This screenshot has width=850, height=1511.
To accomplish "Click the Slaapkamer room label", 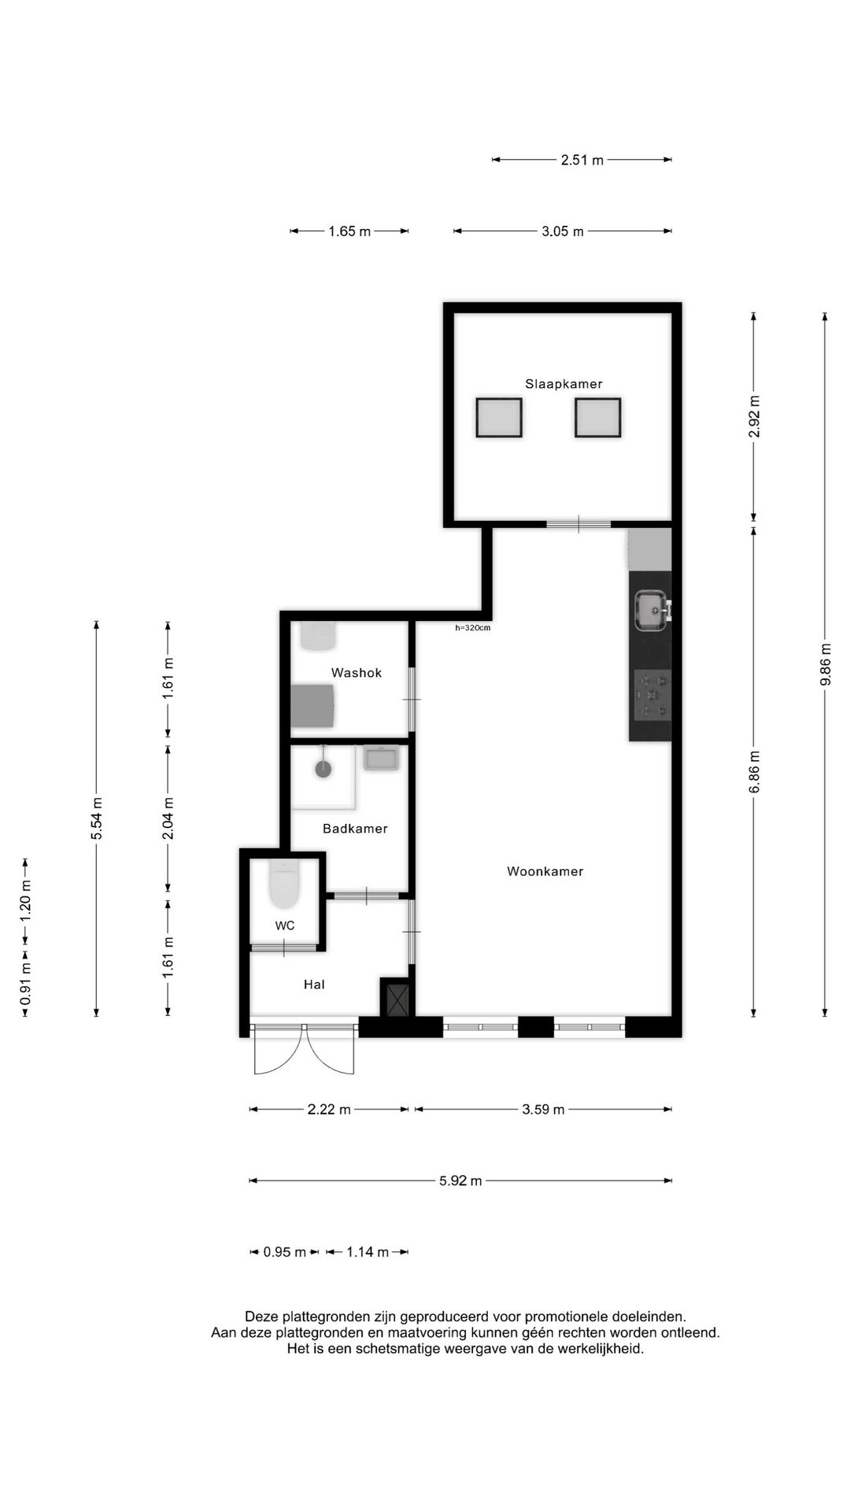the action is [x=564, y=384].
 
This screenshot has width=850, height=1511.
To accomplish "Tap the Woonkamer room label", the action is [x=545, y=871].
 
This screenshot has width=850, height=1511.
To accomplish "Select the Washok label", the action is [x=357, y=673].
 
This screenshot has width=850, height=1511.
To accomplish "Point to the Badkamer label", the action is [x=355, y=829].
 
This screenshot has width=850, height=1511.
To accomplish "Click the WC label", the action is [x=285, y=925].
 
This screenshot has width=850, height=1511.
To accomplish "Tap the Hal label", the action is [x=314, y=985].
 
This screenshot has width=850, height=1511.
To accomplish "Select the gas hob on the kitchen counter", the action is [x=652, y=695].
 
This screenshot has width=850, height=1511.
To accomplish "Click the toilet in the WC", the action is [x=284, y=883].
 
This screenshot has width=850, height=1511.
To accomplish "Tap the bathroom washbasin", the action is [x=382, y=759].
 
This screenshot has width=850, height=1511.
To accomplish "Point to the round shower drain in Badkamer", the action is [x=323, y=769].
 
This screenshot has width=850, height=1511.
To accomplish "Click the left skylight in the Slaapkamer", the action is [x=499, y=418].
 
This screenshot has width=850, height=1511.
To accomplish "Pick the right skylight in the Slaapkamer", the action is [x=598, y=418].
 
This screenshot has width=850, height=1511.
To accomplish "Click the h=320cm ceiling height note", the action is [x=472, y=628].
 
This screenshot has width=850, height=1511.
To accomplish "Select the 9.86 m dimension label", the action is [x=825, y=665].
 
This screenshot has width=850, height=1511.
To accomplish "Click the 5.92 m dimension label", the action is [x=460, y=1180].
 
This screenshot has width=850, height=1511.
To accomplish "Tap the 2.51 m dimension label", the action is [x=582, y=161].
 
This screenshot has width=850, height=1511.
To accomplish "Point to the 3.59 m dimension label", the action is [x=543, y=1110].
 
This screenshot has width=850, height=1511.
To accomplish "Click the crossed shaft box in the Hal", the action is [x=395, y=997].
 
